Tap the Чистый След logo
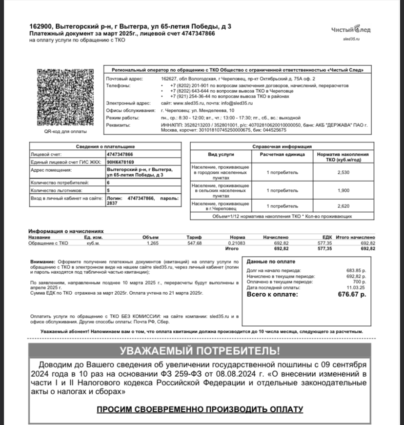(351, 29)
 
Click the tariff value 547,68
(194, 243)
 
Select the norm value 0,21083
(237, 243)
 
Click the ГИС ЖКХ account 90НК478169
(121, 162)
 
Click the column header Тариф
(194, 237)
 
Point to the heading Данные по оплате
(271, 261)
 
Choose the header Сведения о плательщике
(105, 146)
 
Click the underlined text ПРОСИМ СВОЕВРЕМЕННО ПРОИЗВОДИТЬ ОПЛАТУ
(200, 409)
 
